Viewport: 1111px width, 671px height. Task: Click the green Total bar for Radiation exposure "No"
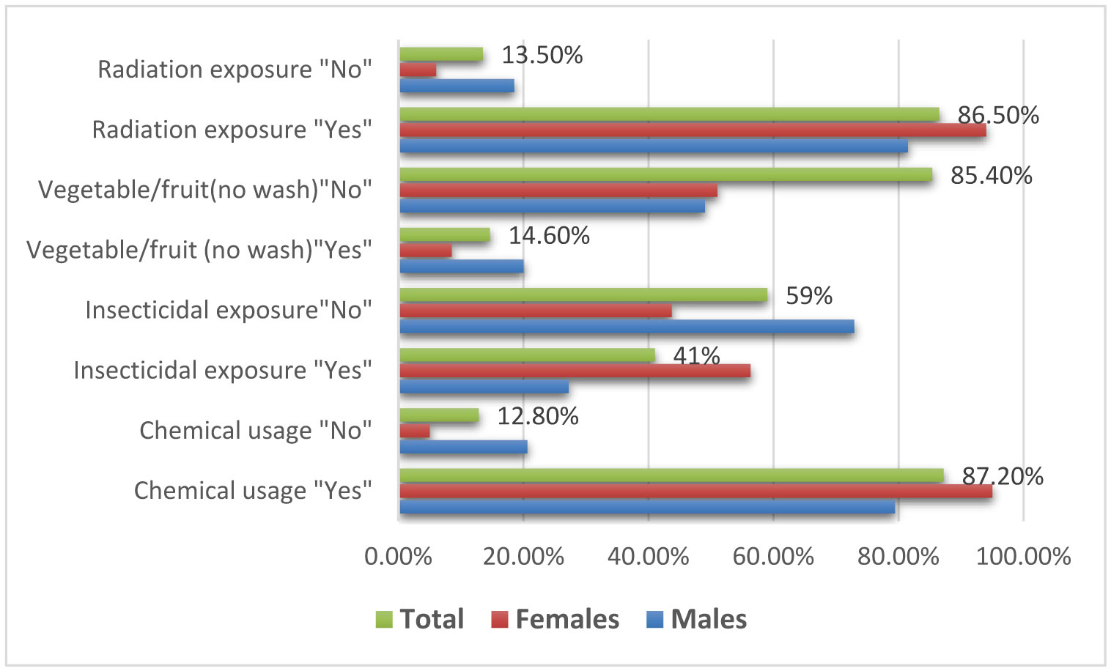pyautogui.click(x=441, y=54)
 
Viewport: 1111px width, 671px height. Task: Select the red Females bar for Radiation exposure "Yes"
pyautogui.click(x=693, y=130)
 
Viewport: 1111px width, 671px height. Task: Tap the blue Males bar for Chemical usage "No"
pyautogui.click(x=463, y=447)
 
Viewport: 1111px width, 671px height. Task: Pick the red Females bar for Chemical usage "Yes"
pyautogui.click(x=695, y=491)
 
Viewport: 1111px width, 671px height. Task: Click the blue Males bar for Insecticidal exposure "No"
pyautogui.click(x=627, y=327)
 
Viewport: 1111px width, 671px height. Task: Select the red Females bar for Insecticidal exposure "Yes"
pyautogui.click(x=575, y=371)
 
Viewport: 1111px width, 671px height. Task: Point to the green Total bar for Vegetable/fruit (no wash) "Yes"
pyautogui.click(x=445, y=234)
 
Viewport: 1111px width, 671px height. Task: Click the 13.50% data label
pyautogui.click(x=542, y=55)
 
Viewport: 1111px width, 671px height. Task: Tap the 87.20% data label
pyautogui.click(x=1002, y=476)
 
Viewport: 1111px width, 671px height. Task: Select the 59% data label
pyautogui.click(x=809, y=295)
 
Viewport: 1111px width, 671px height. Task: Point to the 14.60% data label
pyautogui.click(x=549, y=235)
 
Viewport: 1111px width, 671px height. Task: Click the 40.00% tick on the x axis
pyautogui.click(x=649, y=557)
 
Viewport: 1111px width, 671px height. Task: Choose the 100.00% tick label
pyautogui.click(x=1023, y=557)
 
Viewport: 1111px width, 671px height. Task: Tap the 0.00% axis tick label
pyautogui.click(x=398, y=557)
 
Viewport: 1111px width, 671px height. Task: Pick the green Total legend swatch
pyautogui.click(x=384, y=620)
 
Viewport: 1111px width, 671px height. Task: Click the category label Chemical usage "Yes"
pyautogui.click(x=253, y=490)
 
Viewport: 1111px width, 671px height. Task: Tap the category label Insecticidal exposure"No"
pyautogui.click(x=229, y=310)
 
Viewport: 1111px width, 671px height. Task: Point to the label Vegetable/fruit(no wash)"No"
pyautogui.click(x=205, y=190)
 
